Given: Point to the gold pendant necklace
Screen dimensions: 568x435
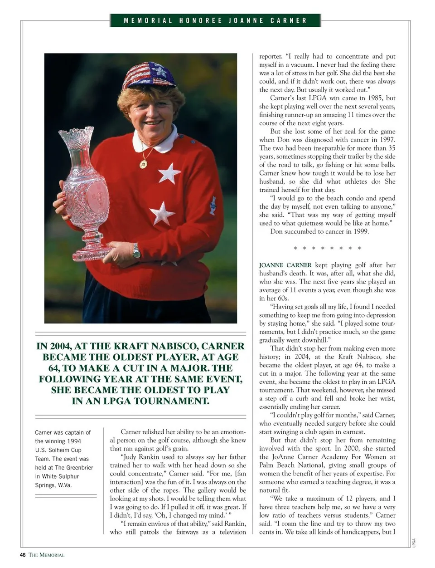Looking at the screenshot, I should tap(144, 163).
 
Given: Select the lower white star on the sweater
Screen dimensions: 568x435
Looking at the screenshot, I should tap(162, 213).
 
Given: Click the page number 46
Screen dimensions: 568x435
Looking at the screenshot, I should tap(23, 555).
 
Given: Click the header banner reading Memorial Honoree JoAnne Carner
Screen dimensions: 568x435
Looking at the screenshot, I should tap(215, 20).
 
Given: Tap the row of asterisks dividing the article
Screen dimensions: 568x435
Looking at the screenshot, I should tap(327, 248).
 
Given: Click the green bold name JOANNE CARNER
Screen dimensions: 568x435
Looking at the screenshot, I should tap(285, 265).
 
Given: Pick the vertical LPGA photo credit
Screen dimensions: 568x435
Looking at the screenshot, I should tap(414, 543).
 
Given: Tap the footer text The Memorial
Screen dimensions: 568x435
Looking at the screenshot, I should tap(47, 555).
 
